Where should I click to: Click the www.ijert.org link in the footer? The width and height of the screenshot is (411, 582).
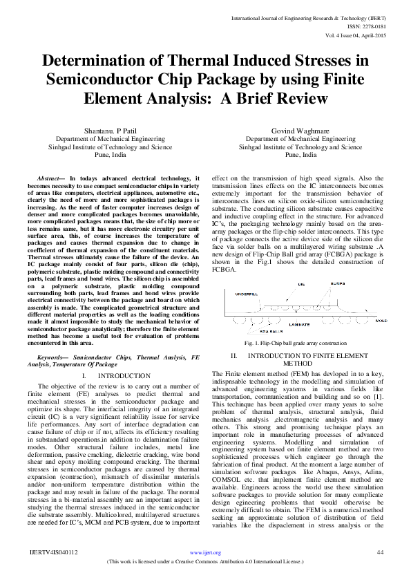pyautogui.click(x=205, y=553)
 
